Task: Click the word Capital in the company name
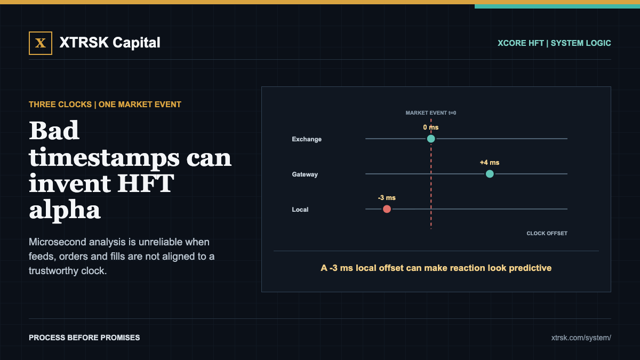coord(137,43)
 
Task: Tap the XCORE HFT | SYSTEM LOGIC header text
coord(554,43)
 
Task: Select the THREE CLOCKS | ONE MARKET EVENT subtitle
coord(105,105)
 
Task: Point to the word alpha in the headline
coord(65,210)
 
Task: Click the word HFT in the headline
coord(146,183)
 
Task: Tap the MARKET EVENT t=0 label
coord(431,113)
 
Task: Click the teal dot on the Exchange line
coord(431,139)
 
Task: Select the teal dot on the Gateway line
coord(490,174)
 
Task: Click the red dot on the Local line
coord(387,209)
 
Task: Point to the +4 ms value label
coord(490,163)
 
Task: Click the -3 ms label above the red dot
coord(387,198)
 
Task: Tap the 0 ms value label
coord(431,127)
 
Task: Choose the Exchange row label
coord(307,139)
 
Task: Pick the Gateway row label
coord(305,174)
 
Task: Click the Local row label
coord(300,210)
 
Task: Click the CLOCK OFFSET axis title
coord(547,234)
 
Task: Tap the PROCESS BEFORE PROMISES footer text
coord(84,338)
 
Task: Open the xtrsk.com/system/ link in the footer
coord(581,338)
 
